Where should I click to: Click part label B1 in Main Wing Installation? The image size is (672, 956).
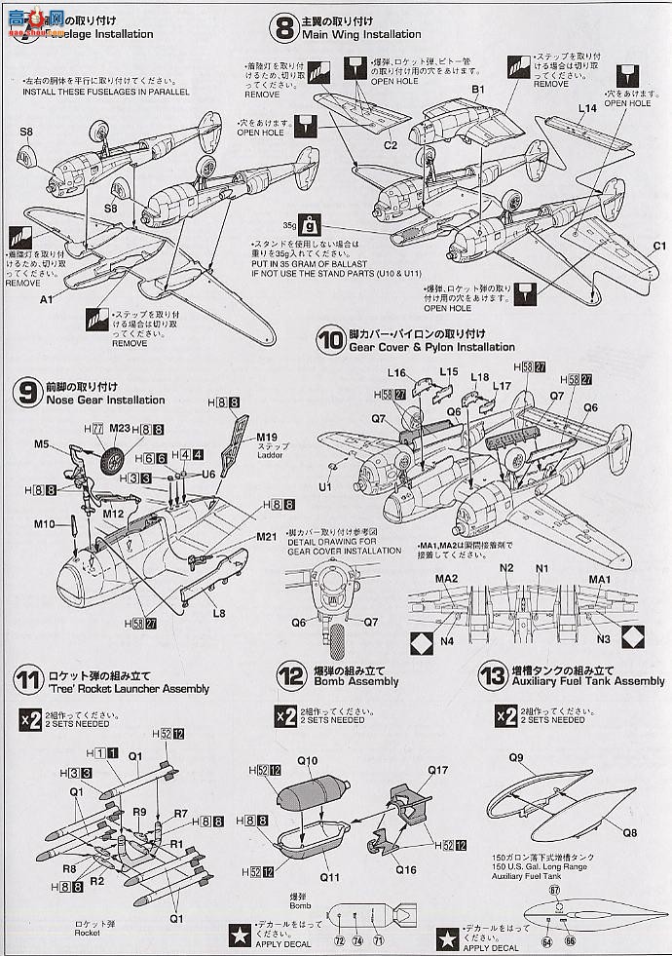point(478,90)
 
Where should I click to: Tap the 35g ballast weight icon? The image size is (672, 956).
point(308,222)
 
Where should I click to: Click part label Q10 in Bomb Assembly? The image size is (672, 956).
point(308,760)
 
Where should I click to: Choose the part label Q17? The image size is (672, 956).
point(437,770)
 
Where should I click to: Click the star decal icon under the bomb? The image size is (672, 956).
point(237,930)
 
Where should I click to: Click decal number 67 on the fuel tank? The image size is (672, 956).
point(555,890)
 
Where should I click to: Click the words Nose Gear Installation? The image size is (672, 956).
point(103,400)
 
